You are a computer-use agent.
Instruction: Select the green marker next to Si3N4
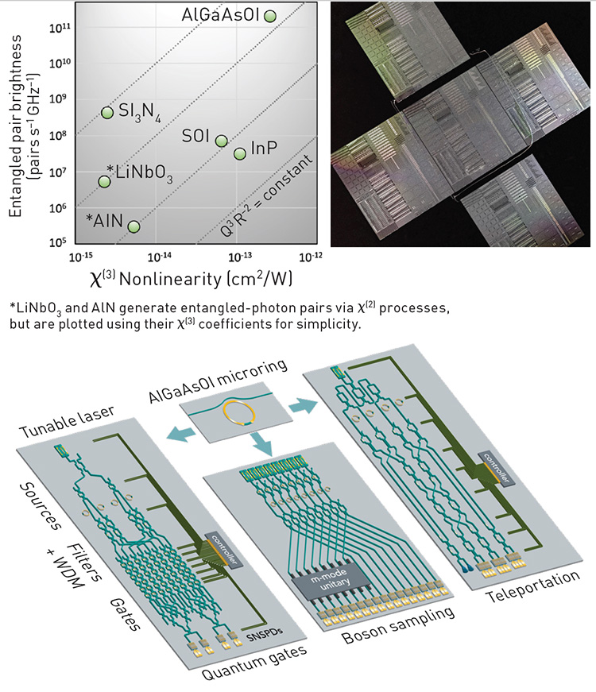[107, 113]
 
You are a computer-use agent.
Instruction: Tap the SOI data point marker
[222, 141]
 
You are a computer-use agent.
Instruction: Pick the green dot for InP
[240, 153]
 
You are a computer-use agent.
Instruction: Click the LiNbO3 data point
[104, 181]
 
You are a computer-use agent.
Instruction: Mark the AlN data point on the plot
[134, 226]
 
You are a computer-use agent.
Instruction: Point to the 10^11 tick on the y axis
[60, 28]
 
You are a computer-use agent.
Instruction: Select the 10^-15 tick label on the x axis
[82, 257]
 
